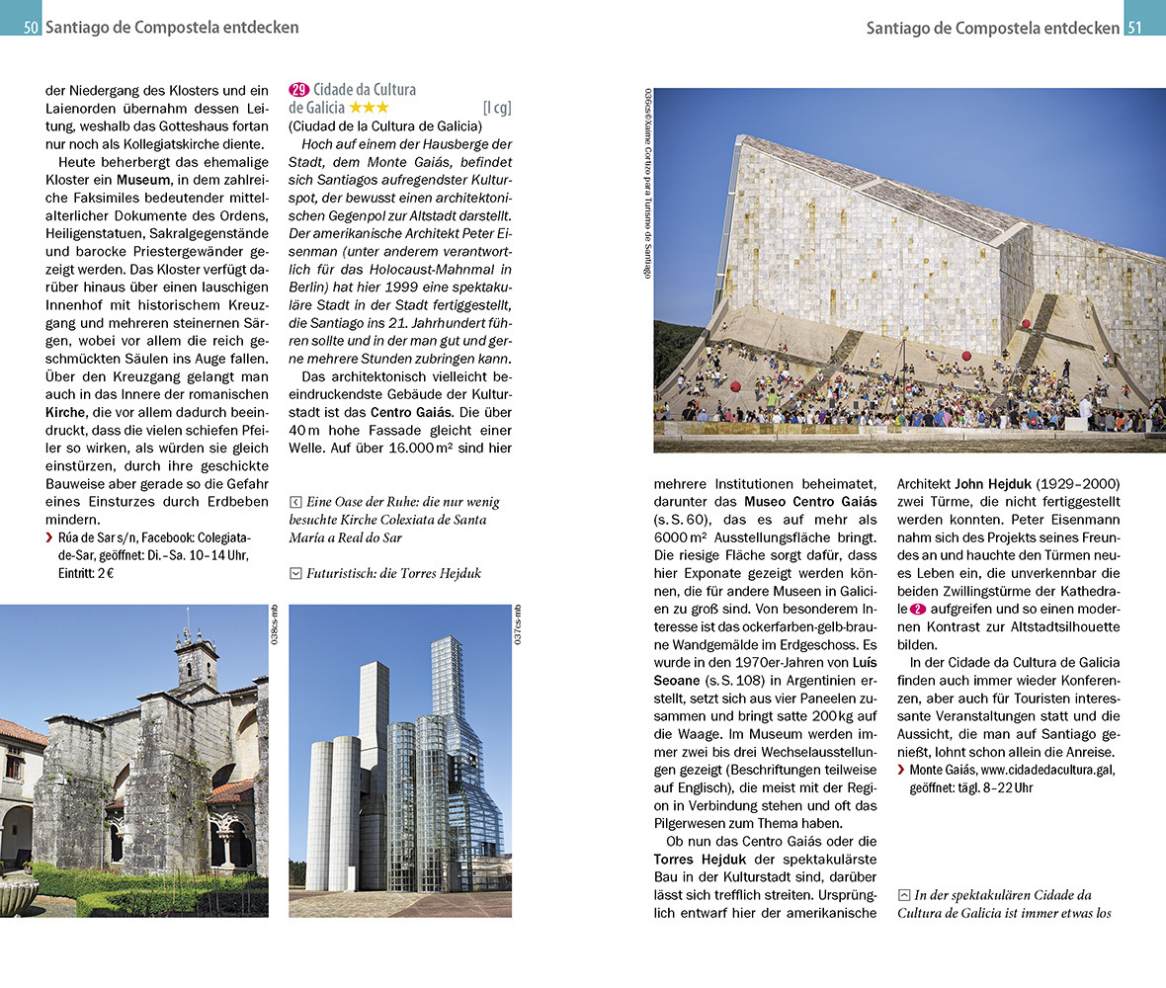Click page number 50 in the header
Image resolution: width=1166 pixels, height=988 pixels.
tap(31, 28)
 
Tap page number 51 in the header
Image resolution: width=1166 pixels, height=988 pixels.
tap(1135, 28)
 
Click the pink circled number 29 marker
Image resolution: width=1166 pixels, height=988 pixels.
tap(298, 90)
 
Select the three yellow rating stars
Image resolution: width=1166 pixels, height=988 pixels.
tap(369, 108)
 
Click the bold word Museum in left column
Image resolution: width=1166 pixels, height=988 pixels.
tap(141, 180)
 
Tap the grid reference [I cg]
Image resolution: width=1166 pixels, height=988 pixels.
tap(496, 108)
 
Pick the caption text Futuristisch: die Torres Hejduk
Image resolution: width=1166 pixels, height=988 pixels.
tap(393, 572)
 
